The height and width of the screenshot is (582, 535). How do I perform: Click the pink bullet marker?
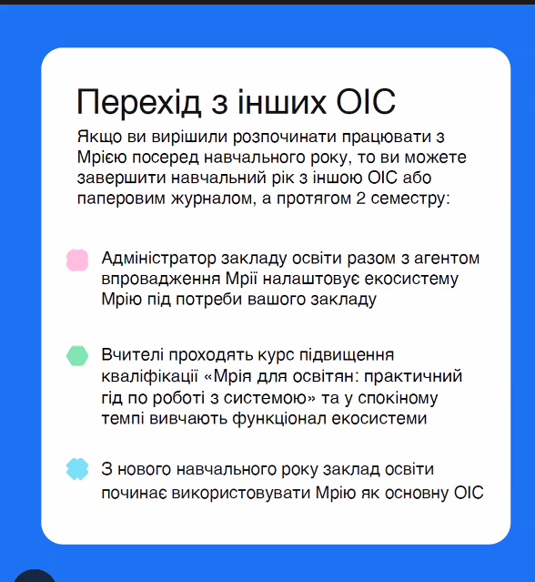[x=77, y=260]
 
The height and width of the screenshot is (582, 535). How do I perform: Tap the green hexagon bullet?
[x=77, y=355]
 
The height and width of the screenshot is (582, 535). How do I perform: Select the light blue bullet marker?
[x=77, y=469]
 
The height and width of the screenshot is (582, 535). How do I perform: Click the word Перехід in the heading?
[x=138, y=103]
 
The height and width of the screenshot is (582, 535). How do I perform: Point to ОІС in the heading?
[x=366, y=102]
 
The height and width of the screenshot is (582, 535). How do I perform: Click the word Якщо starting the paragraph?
[x=99, y=137]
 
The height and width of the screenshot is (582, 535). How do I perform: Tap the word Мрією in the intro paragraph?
[x=102, y=158]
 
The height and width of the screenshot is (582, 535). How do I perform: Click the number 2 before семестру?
[x=360, y=199]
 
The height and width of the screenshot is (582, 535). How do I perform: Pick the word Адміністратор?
[x=158, y=258]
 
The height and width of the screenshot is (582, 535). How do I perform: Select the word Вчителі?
[x=132, y=355]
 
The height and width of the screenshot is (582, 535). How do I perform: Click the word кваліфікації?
[x=150, y=376]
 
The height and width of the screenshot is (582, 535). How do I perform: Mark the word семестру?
[x=408, y=199]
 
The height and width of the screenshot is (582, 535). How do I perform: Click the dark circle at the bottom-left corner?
[x=35, y=576]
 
